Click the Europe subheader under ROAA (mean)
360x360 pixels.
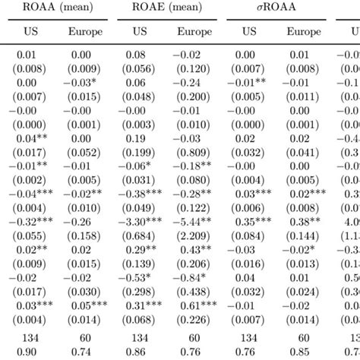(x=84, y=33)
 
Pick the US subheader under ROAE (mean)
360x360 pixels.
(x=139, y=33)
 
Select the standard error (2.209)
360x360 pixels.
(x=194, y=236)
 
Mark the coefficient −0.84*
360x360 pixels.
(x=195, y=277)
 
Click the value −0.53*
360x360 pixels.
(x=141, y=277)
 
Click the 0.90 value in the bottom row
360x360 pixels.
(x=28, y=352)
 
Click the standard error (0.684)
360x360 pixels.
(x=140, y=236)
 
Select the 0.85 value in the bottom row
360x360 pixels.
(x=305, y=352)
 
